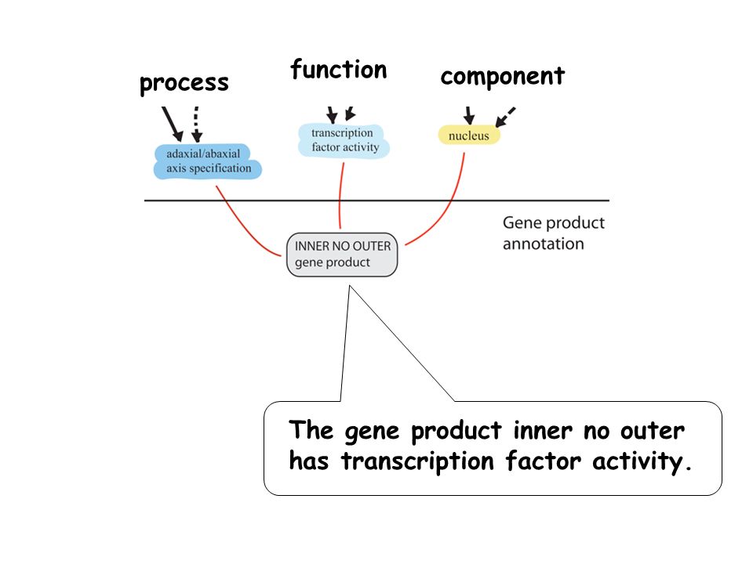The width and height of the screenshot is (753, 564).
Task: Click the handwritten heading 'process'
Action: [x=184, y=84]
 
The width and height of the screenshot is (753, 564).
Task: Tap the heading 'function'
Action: [x=339, y=70]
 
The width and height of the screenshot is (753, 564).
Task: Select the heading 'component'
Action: [x=502, y=77]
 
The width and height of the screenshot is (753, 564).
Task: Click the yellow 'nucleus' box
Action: [x=469, y=136]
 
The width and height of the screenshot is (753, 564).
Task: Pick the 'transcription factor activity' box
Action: [x=344, y=140]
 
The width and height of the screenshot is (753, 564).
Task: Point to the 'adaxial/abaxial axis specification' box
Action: [x=207, y=161]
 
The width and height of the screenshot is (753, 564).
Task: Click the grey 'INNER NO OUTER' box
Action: [x=342, y=255]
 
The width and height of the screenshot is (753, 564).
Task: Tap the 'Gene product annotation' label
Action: [x=553, y=233]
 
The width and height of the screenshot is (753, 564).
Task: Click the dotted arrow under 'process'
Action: [x=196, y=125]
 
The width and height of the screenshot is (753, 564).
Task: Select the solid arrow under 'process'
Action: [x=172, y=125]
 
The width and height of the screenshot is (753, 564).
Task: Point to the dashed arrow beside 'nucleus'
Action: [x=504, y=117]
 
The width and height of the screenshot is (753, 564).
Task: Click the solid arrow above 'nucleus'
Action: [x=469, y=116]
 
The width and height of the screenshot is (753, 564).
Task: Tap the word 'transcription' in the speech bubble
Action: [x=417, y=461]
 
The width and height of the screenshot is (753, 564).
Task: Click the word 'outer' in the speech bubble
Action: [x=652, y=431]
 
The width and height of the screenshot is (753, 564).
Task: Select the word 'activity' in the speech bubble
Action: [x=637, y=461]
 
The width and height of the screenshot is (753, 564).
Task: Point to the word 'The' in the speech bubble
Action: [x=311, y=429]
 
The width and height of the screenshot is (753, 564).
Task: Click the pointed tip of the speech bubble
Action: [x=350, y=286]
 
